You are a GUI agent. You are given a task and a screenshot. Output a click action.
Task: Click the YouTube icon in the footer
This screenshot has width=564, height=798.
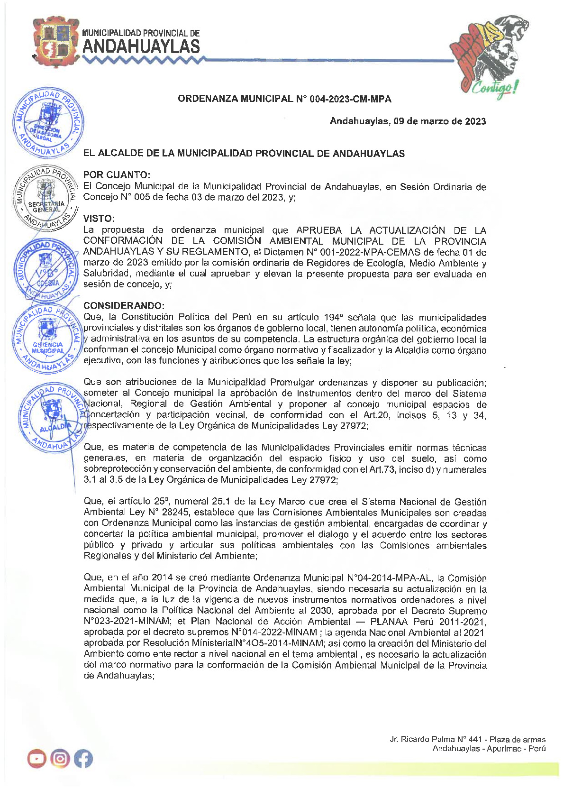point(36,759)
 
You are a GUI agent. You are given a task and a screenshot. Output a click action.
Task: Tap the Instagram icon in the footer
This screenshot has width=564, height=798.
point(60,759)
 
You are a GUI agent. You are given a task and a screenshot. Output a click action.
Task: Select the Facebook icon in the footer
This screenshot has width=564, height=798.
point(83,759)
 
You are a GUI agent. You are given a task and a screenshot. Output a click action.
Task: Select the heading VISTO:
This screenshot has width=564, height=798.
point(99,219)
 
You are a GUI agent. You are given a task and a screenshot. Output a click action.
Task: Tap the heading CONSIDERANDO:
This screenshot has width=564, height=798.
point(124,305)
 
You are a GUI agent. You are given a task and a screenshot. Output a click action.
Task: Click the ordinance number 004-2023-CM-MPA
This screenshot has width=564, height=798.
point(350,99)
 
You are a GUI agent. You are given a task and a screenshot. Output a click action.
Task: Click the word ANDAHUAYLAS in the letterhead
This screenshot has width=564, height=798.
point(141,47)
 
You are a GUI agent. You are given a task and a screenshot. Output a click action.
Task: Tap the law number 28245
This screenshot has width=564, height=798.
point(175,513)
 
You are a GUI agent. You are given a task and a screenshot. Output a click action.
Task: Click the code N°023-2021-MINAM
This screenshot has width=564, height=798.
point(127,622)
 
